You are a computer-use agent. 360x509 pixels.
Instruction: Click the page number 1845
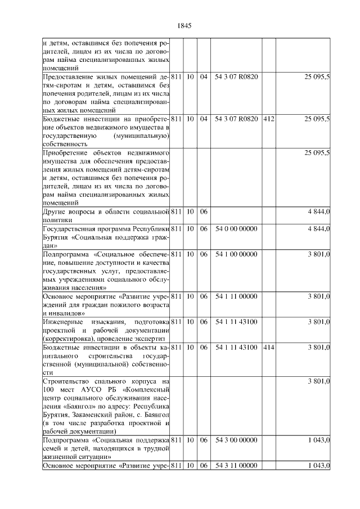(184, 25)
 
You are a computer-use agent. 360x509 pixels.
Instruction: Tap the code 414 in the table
(268, 348)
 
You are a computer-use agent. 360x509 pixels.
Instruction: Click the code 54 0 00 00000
(236, 229)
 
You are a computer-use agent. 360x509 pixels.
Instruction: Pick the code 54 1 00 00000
(236, 254)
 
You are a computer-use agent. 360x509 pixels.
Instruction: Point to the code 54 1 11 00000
(236, 296)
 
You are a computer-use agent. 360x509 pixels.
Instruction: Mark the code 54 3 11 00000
(236, 466)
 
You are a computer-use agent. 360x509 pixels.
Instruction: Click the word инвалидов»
(65, 313)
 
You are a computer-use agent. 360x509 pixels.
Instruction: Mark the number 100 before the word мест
(49, 390)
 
